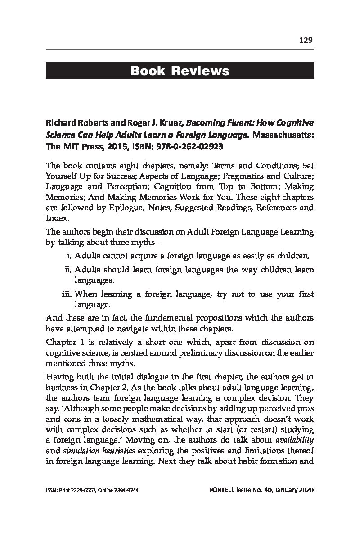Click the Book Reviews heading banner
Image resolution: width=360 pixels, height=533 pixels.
pyautogui.click(x=180, y=71)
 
